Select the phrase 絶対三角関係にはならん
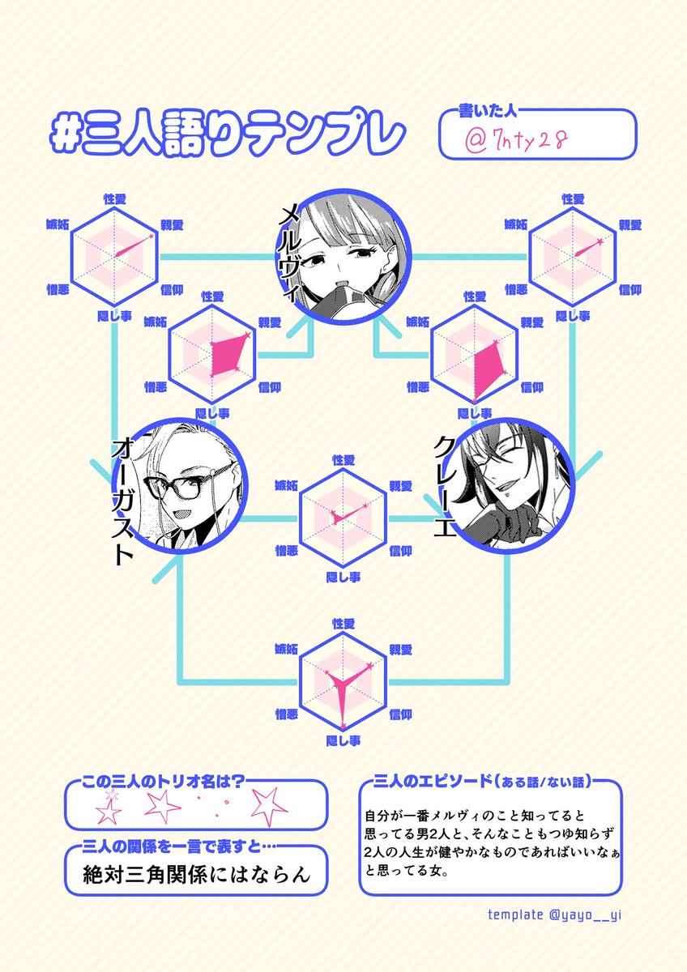tap(197, 874)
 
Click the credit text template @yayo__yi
tap(555, 914)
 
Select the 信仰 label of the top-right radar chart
tap(630, 289)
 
